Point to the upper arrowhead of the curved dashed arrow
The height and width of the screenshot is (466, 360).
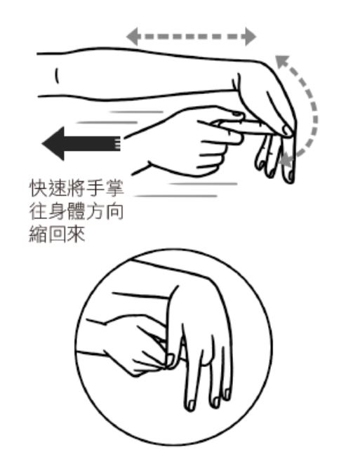coord(280,62)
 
